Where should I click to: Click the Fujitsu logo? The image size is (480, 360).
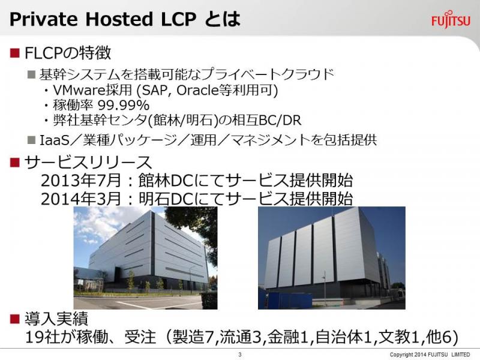click(451, 20)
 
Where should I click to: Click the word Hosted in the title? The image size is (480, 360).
click(119, 19)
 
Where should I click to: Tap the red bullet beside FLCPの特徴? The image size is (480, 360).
click(14, 53)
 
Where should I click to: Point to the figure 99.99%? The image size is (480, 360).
click(124, 106)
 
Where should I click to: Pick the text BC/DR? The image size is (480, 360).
click(280, 121)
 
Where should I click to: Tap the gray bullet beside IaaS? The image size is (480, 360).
click(32, 140)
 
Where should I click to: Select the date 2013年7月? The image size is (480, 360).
click(81, 181)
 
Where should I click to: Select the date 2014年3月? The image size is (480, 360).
click(81, 199)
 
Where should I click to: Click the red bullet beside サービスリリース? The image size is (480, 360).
click(14, 162)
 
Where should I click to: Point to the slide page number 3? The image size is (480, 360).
click(239, 354)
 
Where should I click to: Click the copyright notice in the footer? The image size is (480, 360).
click(430, 355)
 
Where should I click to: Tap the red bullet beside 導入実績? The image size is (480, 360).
click(14, 319)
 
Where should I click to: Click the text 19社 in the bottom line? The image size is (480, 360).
click(43, 337)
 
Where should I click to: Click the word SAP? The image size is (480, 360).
click(155, 90)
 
